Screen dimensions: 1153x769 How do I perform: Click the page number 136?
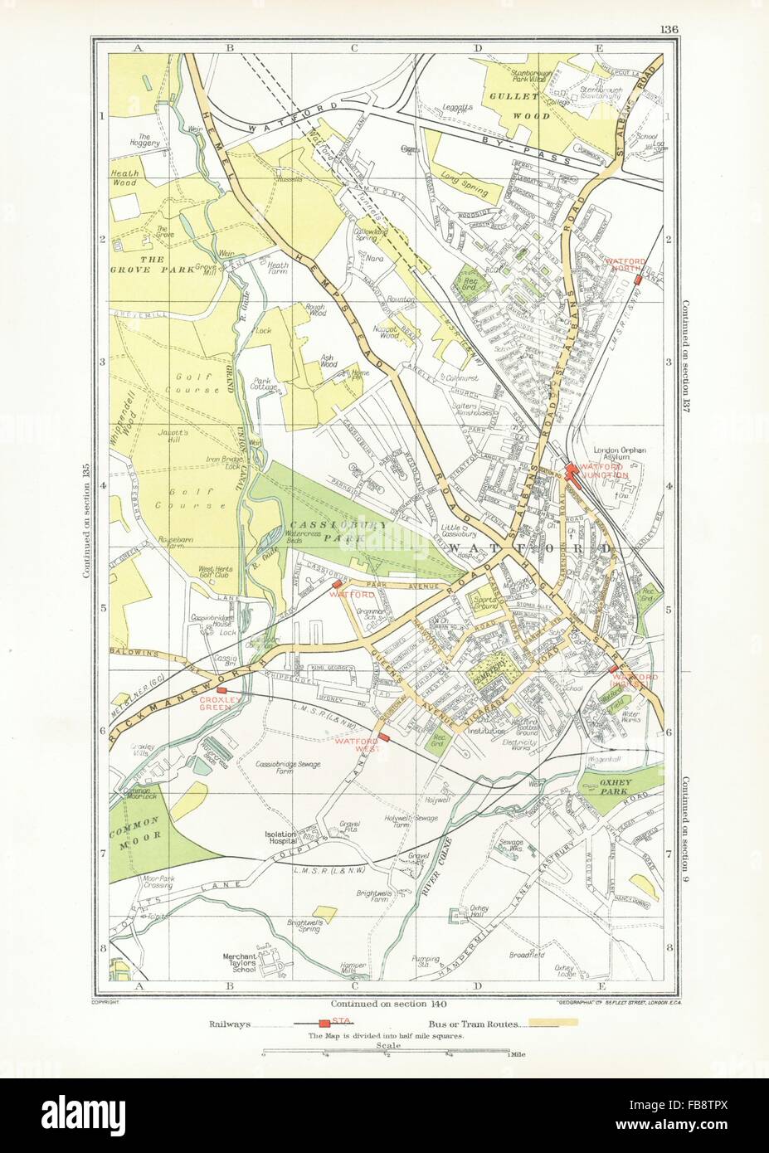click(x=669, y=31)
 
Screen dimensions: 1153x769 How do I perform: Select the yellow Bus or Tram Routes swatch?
click(x=536, y=1025)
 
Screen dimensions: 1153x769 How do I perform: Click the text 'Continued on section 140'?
click(x=384, y=1000)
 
